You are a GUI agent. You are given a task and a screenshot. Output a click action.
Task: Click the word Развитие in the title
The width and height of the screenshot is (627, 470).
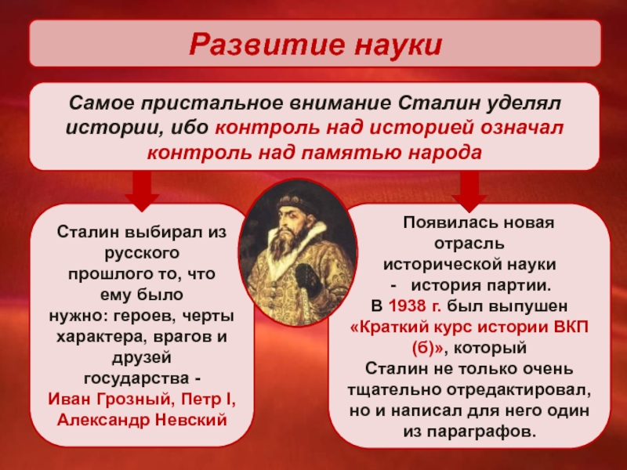[x=265, y=44]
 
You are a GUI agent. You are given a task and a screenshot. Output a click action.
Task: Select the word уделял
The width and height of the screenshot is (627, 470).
[x=524, y=103]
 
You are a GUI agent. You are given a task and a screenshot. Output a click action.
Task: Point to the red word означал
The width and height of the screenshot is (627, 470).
[x=522, y=128]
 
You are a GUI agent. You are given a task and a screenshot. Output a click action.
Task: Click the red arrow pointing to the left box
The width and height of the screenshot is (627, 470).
[x=142, y=190]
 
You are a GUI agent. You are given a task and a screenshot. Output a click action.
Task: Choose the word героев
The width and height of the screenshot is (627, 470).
[x=145, y=316]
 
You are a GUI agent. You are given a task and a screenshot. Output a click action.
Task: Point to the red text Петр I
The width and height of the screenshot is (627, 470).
[x=208, y=399]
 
